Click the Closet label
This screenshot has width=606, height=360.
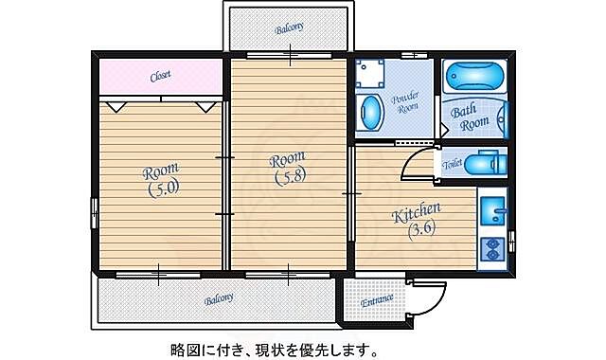click(x=160, y=76)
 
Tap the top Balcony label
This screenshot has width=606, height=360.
click(x=289, y=28)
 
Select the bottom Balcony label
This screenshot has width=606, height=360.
click(x=220, y=299)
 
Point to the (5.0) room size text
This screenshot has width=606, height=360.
click(x=162, y=189)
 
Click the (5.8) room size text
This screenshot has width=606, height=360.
click(x=290, y=176)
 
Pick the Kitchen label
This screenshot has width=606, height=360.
click(x=416, y=212)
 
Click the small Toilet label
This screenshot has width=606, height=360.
click(x=453, y=164)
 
